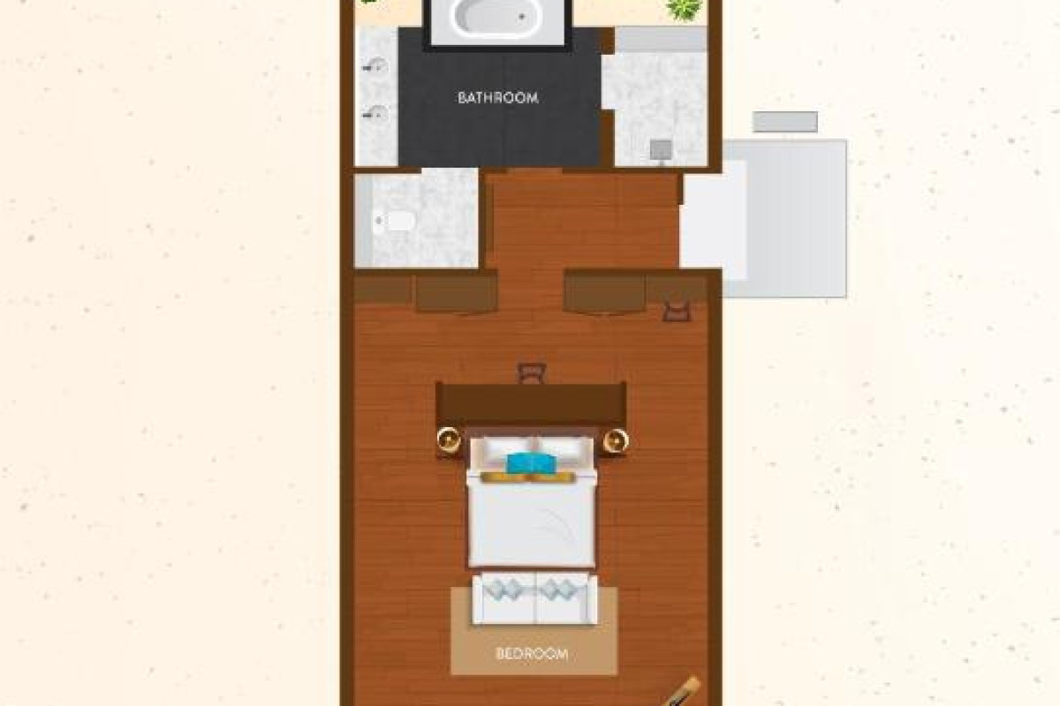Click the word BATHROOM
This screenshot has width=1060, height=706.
tap(498, 98)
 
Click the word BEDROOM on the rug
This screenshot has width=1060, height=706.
tap(532, 654)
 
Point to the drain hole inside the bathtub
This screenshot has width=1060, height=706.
tap(522, 17)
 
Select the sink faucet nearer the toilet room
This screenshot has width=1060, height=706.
tap(376, 113)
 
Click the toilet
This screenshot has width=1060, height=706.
tap(396, 221)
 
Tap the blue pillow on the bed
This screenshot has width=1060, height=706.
tap(530, 463)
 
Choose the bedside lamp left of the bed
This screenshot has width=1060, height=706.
tap(448, 439)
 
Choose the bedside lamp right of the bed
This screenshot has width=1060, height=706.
tap(616, 441)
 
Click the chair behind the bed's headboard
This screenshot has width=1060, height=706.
tap(532, 372)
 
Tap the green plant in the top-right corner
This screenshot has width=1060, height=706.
tap(685, 10)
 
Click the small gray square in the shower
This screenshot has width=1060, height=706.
tap(661, 150)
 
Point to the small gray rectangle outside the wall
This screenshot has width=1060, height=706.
tap(785, 122)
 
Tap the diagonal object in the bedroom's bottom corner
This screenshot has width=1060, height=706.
tap(681, 692)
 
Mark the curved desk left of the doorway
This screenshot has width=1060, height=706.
tap(457, 294)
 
